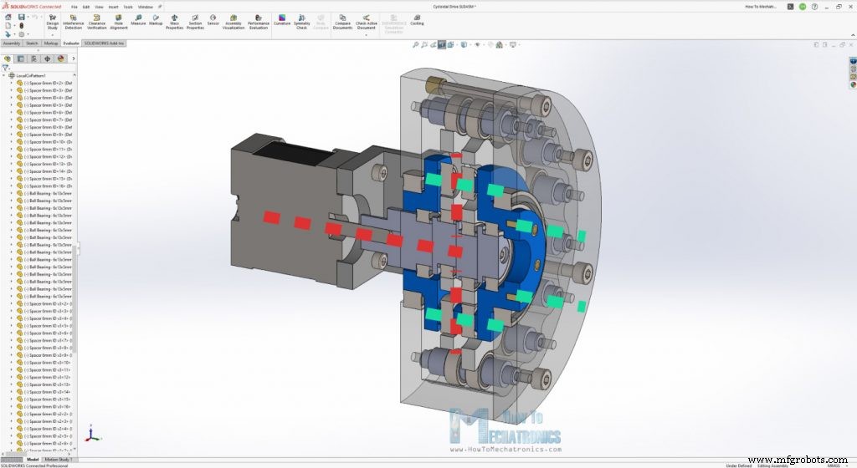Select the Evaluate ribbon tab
pos(71,43)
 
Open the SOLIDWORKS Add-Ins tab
pos(104,43)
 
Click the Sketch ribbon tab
pos(32,43)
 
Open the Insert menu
pos(113,7)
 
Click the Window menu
pos(145,7)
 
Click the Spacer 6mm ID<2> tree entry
pos(46,84)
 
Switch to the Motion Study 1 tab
pos(58,459)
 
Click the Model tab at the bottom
pos(32,459)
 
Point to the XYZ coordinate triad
pos(92,435)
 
